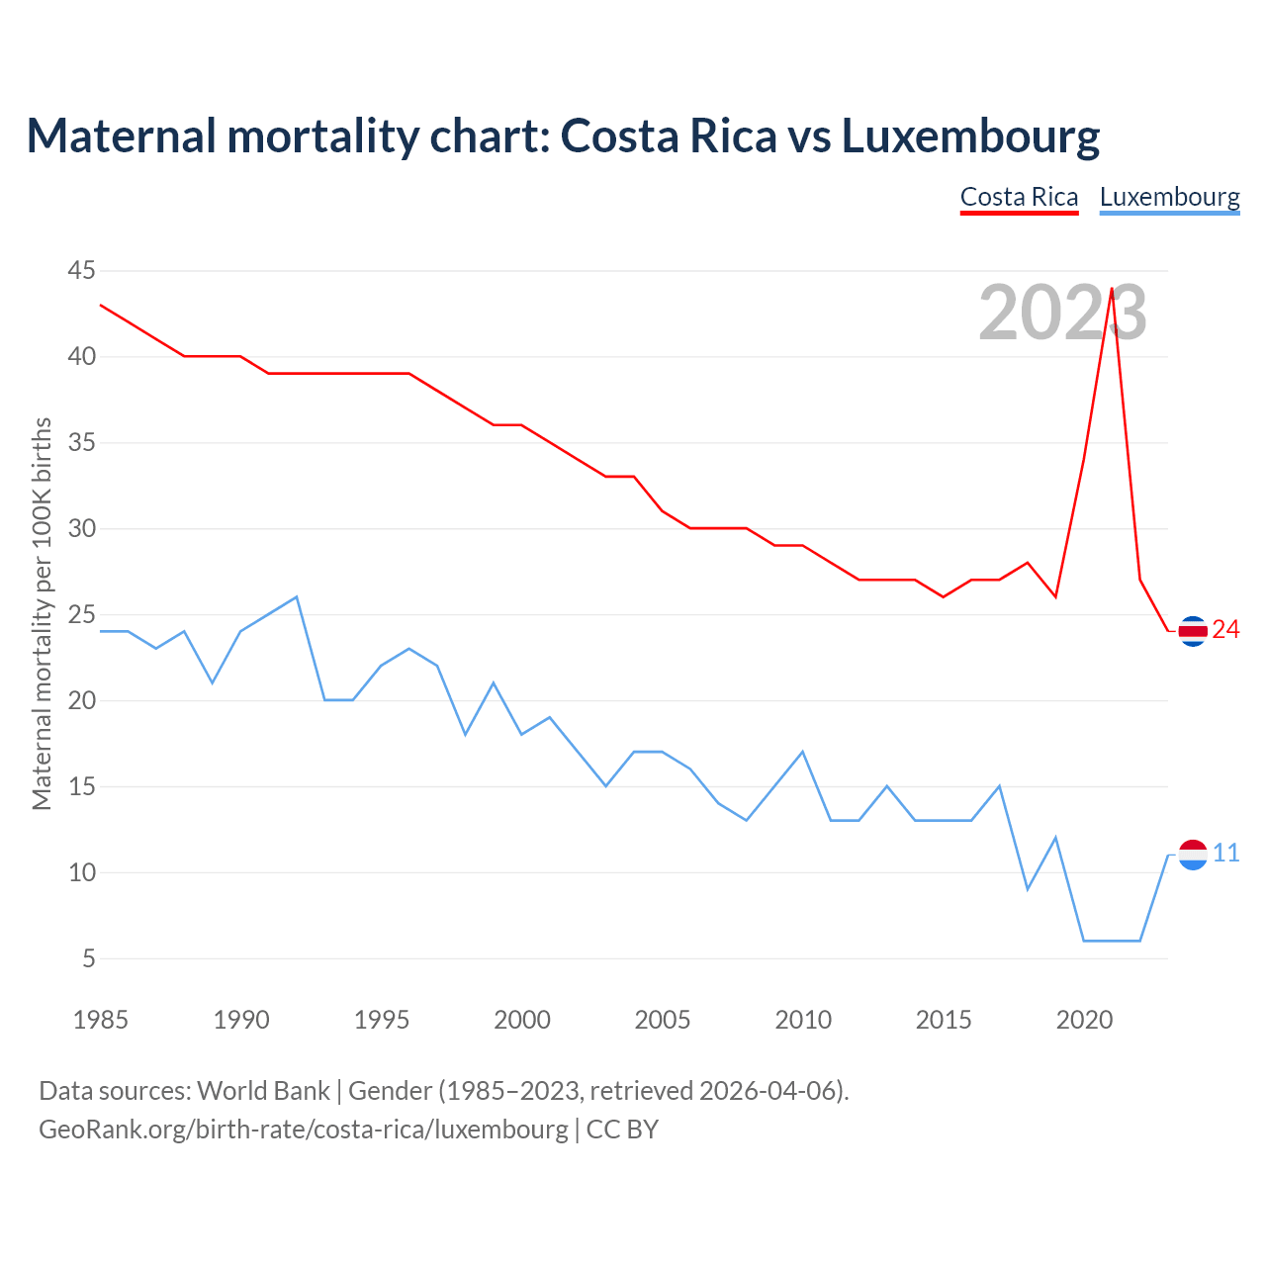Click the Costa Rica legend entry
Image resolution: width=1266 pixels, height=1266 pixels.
(1019, 197)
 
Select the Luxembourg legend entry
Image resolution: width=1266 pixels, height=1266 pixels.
(1169, 197)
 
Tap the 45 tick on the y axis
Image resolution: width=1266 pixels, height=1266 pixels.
(82, 270)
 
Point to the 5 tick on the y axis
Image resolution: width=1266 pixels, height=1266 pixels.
(89, 958)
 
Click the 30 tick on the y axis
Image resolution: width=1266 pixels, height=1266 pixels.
(82, 528)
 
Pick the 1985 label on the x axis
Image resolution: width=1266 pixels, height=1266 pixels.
(100, 1020)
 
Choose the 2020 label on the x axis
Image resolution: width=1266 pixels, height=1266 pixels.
(1084, 1020)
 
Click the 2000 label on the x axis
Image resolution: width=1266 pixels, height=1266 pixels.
(522, 1020)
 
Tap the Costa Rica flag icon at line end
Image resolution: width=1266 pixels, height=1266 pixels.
(1193, 630)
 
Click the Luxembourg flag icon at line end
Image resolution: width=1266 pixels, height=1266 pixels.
(1193, 854)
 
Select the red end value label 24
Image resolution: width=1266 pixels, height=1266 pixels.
(1225, 630)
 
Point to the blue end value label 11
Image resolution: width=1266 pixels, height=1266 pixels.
(1225, 854)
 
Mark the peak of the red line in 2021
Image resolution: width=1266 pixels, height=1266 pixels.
(1112, 289)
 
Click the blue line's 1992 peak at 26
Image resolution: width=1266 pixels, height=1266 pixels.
(297, 597)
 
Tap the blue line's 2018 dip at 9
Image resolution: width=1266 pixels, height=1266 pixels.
(1028, 889)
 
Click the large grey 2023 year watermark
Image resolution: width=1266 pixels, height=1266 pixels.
(1062, 313)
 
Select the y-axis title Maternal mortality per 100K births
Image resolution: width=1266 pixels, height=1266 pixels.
(42, 613)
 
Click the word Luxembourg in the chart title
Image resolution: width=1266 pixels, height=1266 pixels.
(970, 136)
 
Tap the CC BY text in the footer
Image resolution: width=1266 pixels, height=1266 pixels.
(622, 1130)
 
